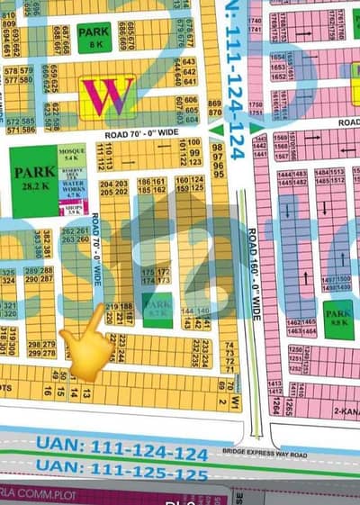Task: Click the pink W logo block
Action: pos(107,95)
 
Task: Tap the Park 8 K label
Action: pos(94,37)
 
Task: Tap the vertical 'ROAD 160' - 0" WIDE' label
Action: pos(256,270)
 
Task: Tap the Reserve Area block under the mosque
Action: pos(72,172)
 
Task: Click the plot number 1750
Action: pos(255,104)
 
